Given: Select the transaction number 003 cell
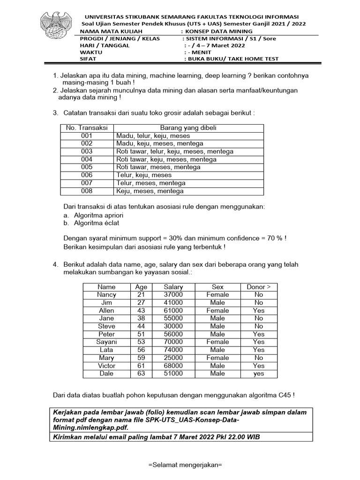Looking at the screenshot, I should (x=87, y=151).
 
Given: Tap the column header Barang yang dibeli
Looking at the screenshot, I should (x=188, y=127).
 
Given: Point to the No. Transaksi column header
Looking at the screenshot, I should (x=87, y=127).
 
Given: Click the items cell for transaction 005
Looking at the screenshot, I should (x=158, y=167).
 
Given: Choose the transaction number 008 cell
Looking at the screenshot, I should (x=87, y=191).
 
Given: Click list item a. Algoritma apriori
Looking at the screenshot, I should (x=93, y=215).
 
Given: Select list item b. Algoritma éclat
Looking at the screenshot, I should (x=91, y=223).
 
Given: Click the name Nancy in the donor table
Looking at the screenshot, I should (x=106, y=295).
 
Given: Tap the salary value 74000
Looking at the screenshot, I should (x=173, y=350).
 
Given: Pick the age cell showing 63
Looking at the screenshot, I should (x=141, y=374).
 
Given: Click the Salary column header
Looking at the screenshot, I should (x=173, y=287).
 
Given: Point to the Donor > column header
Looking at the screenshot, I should (x=258, y=287).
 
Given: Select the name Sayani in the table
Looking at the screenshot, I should (x=106, y=342).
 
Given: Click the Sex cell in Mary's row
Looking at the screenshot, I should (x=217, y=358).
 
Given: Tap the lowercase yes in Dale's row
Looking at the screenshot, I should (x=258, y=374).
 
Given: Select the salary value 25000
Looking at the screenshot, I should (x=173, y=358).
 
